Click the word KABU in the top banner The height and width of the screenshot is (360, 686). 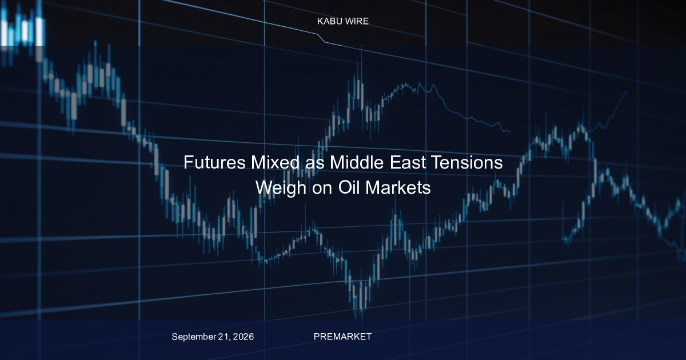[x=329, y=21]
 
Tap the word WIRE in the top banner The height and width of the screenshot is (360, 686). [x=357, y=21]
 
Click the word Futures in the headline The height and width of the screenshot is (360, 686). [x=214, y=162]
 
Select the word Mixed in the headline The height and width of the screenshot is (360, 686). [x=276, y=162]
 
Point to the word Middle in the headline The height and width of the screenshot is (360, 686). [x=357, y=162]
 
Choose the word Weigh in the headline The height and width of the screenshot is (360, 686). [x=281, y=188]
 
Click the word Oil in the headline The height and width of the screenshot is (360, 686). [x=349, y=187]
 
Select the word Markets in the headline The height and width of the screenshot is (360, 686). [x=398, y=187]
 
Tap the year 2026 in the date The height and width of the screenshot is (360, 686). [x=244, y=337]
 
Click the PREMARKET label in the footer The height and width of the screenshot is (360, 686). [x=342, y=337]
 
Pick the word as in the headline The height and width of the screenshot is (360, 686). [x=315, y=164]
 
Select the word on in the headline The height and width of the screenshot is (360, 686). [x=322, y=189]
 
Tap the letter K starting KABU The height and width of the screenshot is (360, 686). [x=320, y=21]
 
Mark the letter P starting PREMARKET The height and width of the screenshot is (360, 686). [x=317, y=337]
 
